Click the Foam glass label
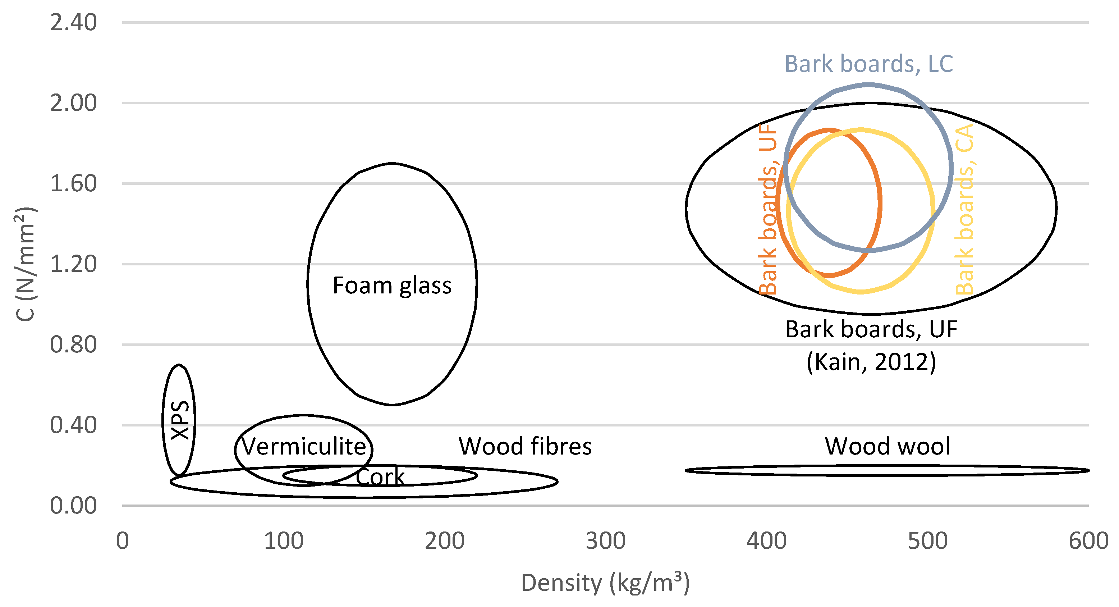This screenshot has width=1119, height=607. point(392,286)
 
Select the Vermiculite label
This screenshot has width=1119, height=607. point(304,447)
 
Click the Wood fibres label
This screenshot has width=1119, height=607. point(525,447)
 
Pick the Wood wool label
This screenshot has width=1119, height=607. point(888,447)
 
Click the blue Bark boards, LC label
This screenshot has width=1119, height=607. point(869,64)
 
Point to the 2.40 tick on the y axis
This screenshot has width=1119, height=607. point(73,23)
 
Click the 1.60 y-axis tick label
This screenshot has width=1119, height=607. point(73,184)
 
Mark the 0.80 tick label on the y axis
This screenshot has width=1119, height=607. point(73,345)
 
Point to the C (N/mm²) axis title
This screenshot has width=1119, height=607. point(25,264)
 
